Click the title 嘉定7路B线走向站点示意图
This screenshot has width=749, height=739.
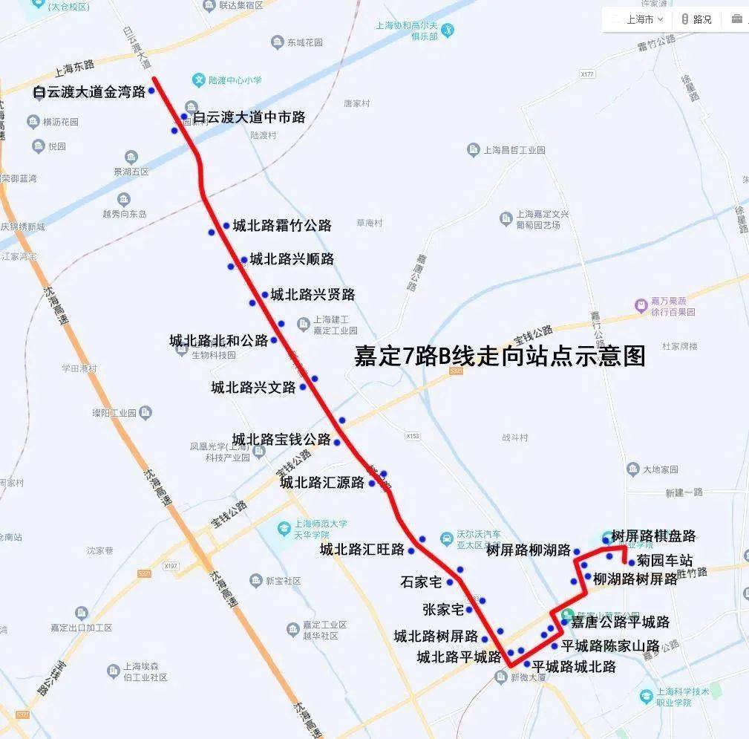point(499,357)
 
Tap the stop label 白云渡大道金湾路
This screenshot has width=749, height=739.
point(89,92)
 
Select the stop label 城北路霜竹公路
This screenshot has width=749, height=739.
point(281,226)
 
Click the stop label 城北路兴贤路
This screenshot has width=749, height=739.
point(313,295)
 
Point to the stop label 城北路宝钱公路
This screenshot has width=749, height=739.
point(281,440)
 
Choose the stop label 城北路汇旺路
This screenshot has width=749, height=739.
point(362,550)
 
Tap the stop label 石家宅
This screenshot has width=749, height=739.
point(421,582)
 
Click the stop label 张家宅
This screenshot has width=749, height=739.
point(442,610)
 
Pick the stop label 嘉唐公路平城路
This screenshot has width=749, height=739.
point(620,622)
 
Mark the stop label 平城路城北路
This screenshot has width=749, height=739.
point(574,666)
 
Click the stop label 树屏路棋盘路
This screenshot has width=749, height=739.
point(653,536)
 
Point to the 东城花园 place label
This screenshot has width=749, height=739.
point(304,42)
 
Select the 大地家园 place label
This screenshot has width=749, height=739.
point(659,469)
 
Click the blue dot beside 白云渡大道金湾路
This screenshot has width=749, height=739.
point(151,91)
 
